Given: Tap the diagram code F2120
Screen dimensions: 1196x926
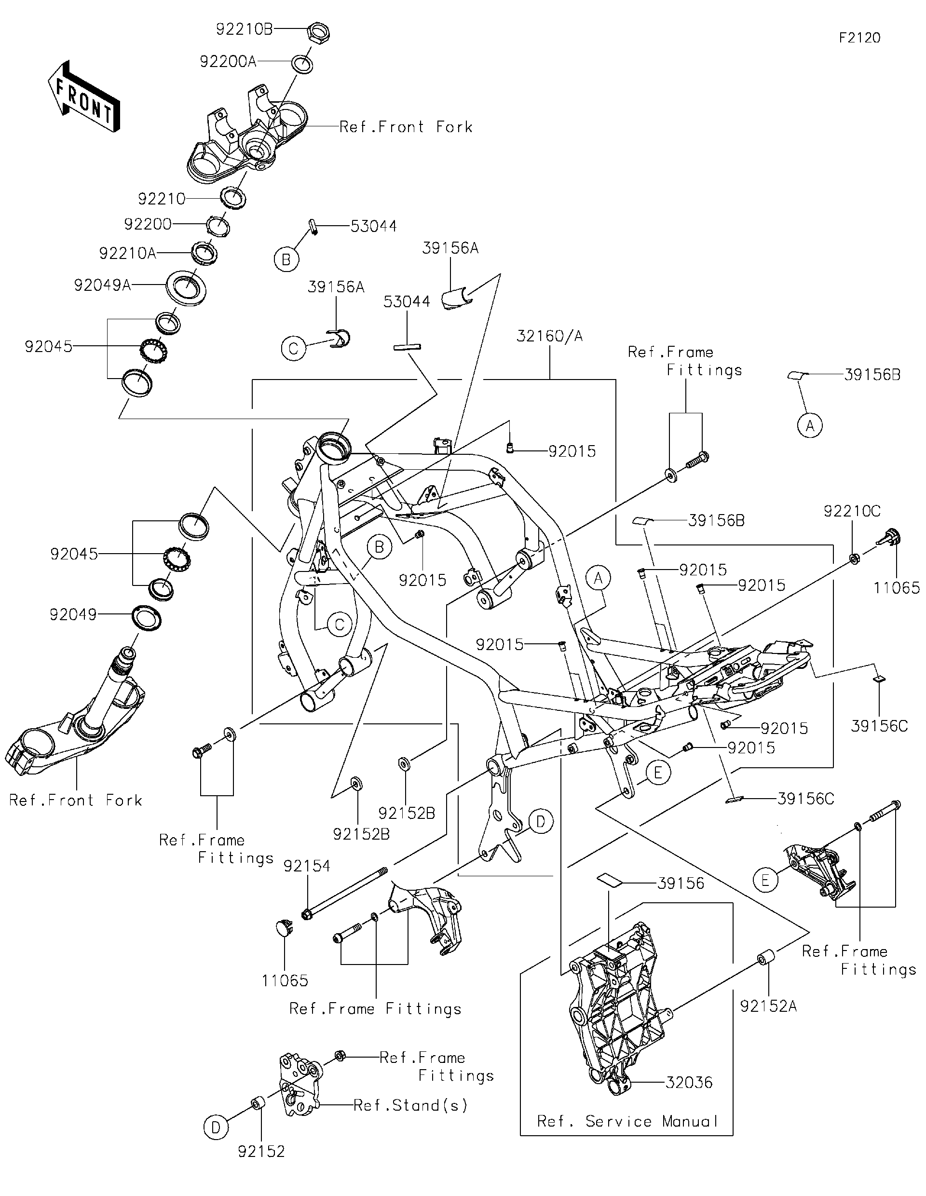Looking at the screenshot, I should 859,38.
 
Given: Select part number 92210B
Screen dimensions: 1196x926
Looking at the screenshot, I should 244,29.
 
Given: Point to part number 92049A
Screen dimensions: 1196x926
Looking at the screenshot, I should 102,285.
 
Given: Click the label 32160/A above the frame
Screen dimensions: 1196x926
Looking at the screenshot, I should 549,336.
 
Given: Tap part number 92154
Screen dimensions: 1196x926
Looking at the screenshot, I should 307,866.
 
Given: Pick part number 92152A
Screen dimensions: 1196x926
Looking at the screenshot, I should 768,1006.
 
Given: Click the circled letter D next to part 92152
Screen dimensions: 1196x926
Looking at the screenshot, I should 216,1128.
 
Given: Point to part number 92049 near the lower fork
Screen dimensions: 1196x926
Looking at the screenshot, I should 73,614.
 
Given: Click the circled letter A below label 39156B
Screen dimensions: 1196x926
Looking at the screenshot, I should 810,425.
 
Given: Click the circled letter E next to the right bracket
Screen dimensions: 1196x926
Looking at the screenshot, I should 765,881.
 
